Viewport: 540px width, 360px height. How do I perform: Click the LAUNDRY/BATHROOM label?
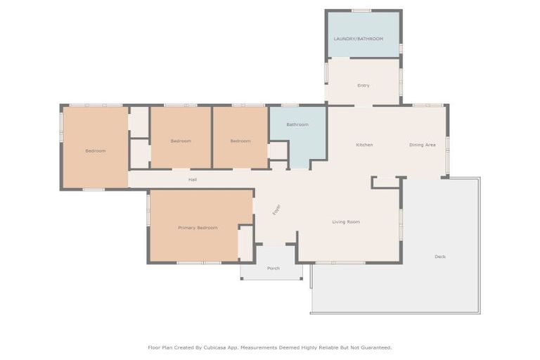pyautogui.click(x=359, y=39)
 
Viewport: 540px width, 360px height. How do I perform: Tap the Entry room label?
pyautogui.click(x=364, y=86)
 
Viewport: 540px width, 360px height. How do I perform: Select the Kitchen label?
pyautogui.click(x=364, y=145)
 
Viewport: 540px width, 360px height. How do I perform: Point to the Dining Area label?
pyautogui.click(x=423, y=145)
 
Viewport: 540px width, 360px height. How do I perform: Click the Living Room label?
pyautogui.click(x=346, y=222)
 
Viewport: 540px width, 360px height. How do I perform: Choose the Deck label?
pyautogui.click(x=440, y=257)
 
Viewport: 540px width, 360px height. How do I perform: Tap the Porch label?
pyautogui.click(x=274, y=269)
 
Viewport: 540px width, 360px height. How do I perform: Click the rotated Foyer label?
pyautogui.click(x=276, y=210)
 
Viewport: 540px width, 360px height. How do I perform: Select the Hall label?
pyautogui.click(x=193, y=180)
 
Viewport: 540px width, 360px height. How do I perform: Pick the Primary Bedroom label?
pyautogui.click(x=198, y=228)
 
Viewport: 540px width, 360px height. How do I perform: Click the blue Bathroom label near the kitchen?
pyautogui.click(x=297, y=124)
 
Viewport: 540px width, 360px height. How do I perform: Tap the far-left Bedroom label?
pyautogui.click(x=96, y=151)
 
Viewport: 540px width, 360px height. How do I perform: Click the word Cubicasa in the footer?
pyautogui.click(x=219, y=347)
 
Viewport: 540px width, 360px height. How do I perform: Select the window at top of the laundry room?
pyautogui.click(x=361, y=11)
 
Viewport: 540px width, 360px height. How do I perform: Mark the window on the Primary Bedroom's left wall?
pyautogui.click(x=148, y=210)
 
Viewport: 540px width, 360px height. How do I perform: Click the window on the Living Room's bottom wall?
pyautogui.click(x=340, y=263)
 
